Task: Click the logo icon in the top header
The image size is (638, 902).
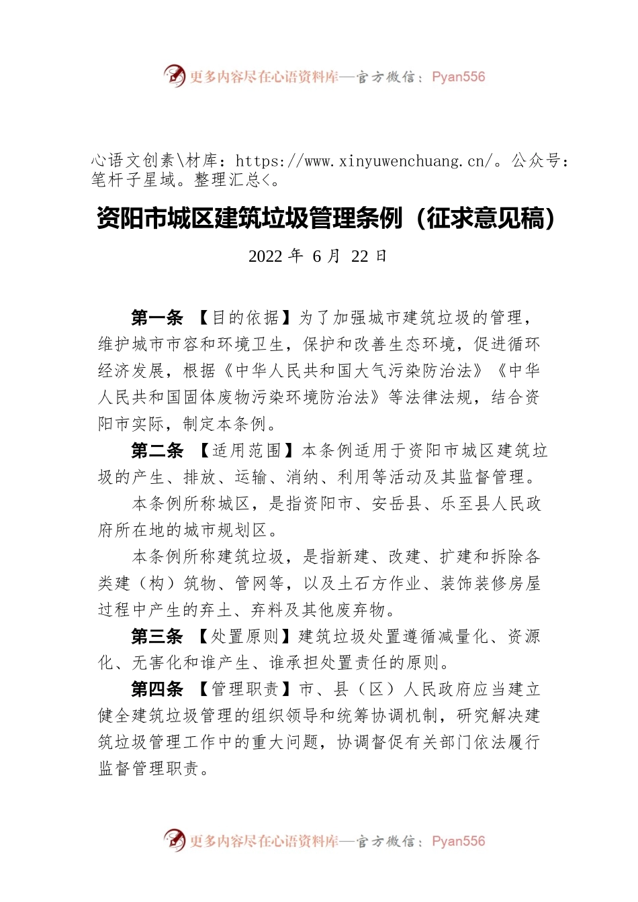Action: click(x=175, y=76)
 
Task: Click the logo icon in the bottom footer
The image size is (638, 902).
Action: click(x=175, y=840)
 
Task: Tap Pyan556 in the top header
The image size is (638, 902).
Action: click(x=458, y=77)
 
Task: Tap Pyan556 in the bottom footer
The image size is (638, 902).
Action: click(x=458, y=841)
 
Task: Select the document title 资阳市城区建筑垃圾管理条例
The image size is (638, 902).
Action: click(x=249, y=218)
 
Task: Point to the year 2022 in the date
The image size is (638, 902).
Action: click(x=265, y=256)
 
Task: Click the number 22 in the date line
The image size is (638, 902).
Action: click(x=360, y=256)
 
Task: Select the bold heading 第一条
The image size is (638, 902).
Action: click(x=157, y=317)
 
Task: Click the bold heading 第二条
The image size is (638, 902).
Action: click(x=157, y=450)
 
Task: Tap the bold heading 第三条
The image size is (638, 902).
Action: click(x=157, y=636)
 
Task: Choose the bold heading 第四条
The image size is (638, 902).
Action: click(x=157, y=689)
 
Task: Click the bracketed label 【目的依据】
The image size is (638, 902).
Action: click(x=244, y=317)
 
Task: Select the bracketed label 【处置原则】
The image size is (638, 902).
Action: click(x=244, y=636)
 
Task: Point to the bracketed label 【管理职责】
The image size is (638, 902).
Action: click(x=244, y=689)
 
